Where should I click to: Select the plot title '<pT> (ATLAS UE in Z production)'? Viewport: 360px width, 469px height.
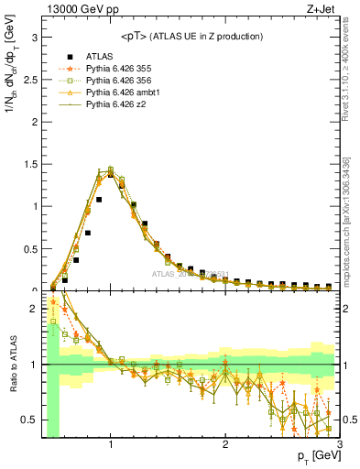coord(191,36)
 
